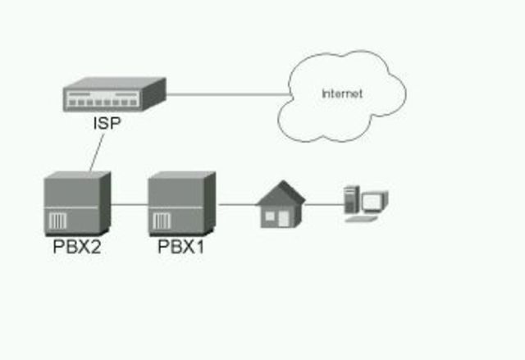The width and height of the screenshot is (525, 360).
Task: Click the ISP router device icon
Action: [115, 96]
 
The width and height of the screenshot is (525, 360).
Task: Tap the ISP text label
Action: [106, 125]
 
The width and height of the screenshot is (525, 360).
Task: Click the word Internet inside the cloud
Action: [341, 93]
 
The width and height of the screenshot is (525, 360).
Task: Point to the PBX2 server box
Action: [76, 203]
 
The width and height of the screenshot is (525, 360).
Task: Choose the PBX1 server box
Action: [181, 203]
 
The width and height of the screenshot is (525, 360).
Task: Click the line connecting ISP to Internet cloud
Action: [221, 94]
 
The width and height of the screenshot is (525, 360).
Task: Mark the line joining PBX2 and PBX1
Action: [129, 203]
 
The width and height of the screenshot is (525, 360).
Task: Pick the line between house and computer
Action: [324, 204]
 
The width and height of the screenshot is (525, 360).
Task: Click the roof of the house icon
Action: [281, 194]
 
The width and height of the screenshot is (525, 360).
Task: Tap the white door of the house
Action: [284, 219]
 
